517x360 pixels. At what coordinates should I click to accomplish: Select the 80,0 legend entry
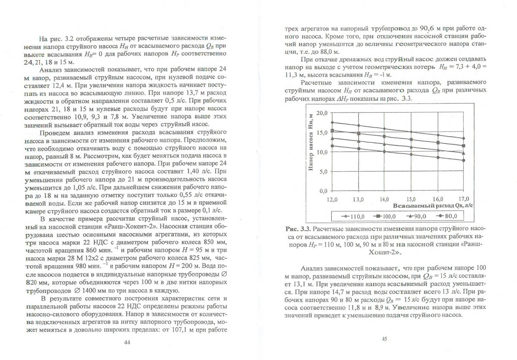click(451, 216)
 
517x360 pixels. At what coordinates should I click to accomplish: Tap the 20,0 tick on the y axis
click(322, 113)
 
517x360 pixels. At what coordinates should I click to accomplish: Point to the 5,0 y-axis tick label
click(324, 171)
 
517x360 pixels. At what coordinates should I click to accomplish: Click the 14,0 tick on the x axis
click(385, 199)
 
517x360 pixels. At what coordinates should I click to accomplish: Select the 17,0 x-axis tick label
click(463, 199)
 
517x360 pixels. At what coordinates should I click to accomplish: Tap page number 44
click(127, 342)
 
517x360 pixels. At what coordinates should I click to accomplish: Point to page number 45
click(384, 339)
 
